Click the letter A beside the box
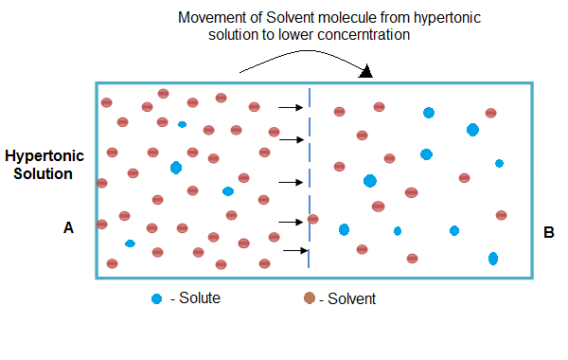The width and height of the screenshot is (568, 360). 68,227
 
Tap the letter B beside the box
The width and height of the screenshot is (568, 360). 550,231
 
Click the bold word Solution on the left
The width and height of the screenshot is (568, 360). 38,173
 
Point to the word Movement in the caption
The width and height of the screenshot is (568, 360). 211,19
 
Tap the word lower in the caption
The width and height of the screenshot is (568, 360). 299,35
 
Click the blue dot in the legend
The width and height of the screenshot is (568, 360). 156,299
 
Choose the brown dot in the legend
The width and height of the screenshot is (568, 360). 309,299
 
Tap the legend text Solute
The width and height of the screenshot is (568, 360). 198,299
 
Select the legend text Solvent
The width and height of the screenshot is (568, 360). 349,299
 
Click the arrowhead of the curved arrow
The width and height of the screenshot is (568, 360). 366,71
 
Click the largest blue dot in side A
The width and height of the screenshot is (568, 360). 176,168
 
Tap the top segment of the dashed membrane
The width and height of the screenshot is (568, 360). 310,98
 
